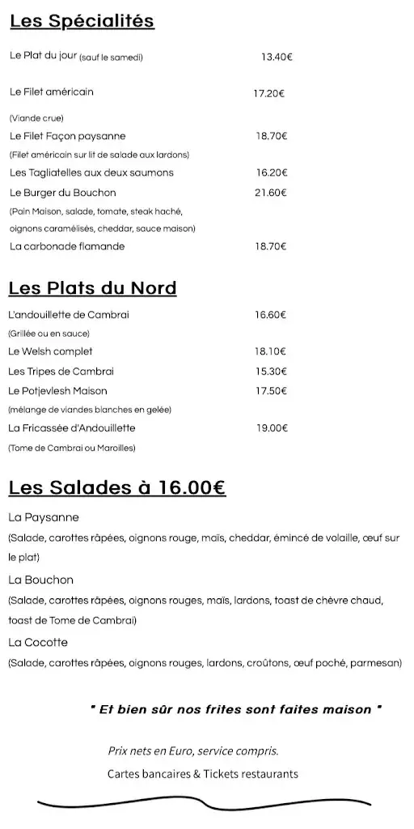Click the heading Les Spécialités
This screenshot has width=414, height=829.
coord(82,22)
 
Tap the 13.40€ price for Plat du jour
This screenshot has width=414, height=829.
coord(277,57)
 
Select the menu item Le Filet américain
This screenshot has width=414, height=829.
coord(52,92)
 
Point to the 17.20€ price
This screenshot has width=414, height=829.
coord(269,93)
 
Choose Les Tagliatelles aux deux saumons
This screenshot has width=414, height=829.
coord(91,173)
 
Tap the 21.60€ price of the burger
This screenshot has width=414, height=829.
coord(272,193)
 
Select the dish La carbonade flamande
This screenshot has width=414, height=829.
coord(67,246)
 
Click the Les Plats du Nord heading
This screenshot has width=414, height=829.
coord(92,288)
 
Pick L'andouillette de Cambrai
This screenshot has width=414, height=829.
coord(69,315)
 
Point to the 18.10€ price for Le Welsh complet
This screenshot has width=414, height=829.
coord(271,351)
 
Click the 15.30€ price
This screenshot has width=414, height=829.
coord(271,372)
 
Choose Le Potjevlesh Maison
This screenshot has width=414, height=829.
coord(57,391)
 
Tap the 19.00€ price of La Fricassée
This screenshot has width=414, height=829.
coord(272,428)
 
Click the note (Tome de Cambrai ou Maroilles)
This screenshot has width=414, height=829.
coord(72,448)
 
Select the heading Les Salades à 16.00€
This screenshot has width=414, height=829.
coord(116,487)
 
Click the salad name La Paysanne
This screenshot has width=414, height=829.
coord(44,517)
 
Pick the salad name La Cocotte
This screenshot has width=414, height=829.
coord(38,643)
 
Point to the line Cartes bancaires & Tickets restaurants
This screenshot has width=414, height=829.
coord(202,774)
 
